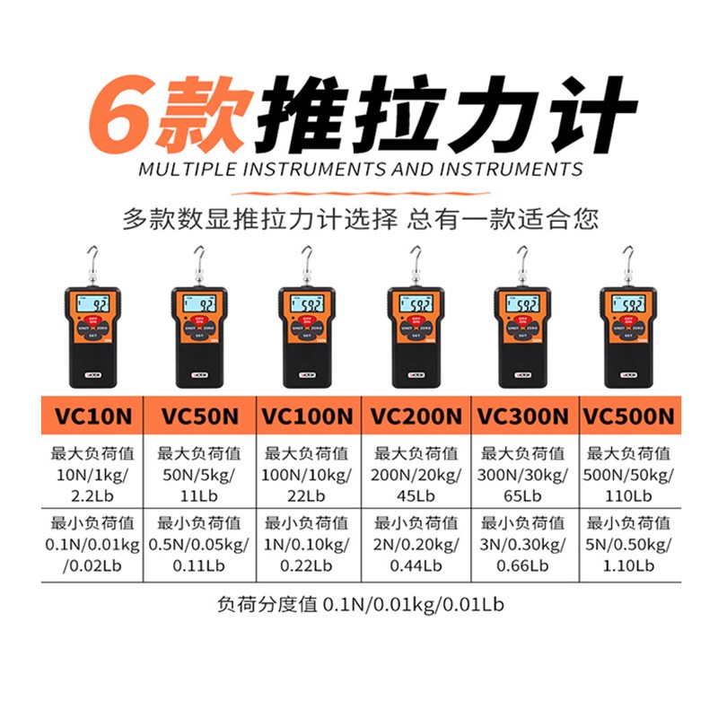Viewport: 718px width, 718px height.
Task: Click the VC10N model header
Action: point(92,416)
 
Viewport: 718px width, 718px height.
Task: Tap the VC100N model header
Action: point(307,416)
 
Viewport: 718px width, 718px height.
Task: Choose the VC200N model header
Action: point(416,416)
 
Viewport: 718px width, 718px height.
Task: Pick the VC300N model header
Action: point(523,416)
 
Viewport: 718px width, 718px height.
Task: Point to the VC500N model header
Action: point(628,416)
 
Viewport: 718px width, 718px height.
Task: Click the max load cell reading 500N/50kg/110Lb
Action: point(628,472)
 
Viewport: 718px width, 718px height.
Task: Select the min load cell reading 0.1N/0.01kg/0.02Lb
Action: point(92,544)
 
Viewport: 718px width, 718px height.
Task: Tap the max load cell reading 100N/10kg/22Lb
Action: point(307,472)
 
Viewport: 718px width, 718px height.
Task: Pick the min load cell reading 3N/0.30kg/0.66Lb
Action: point(523,544)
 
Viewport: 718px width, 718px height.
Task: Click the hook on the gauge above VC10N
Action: point(92,260)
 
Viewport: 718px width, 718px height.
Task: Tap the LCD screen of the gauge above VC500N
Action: point(632,305)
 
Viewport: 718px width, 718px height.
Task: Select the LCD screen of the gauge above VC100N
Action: point(308,305)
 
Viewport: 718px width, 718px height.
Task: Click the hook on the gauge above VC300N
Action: point(523,260)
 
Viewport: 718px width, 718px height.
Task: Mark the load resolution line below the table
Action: point(360,604)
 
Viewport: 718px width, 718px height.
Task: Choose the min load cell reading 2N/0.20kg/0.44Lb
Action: point(416,544)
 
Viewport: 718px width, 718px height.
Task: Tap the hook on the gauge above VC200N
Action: point(416,260)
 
